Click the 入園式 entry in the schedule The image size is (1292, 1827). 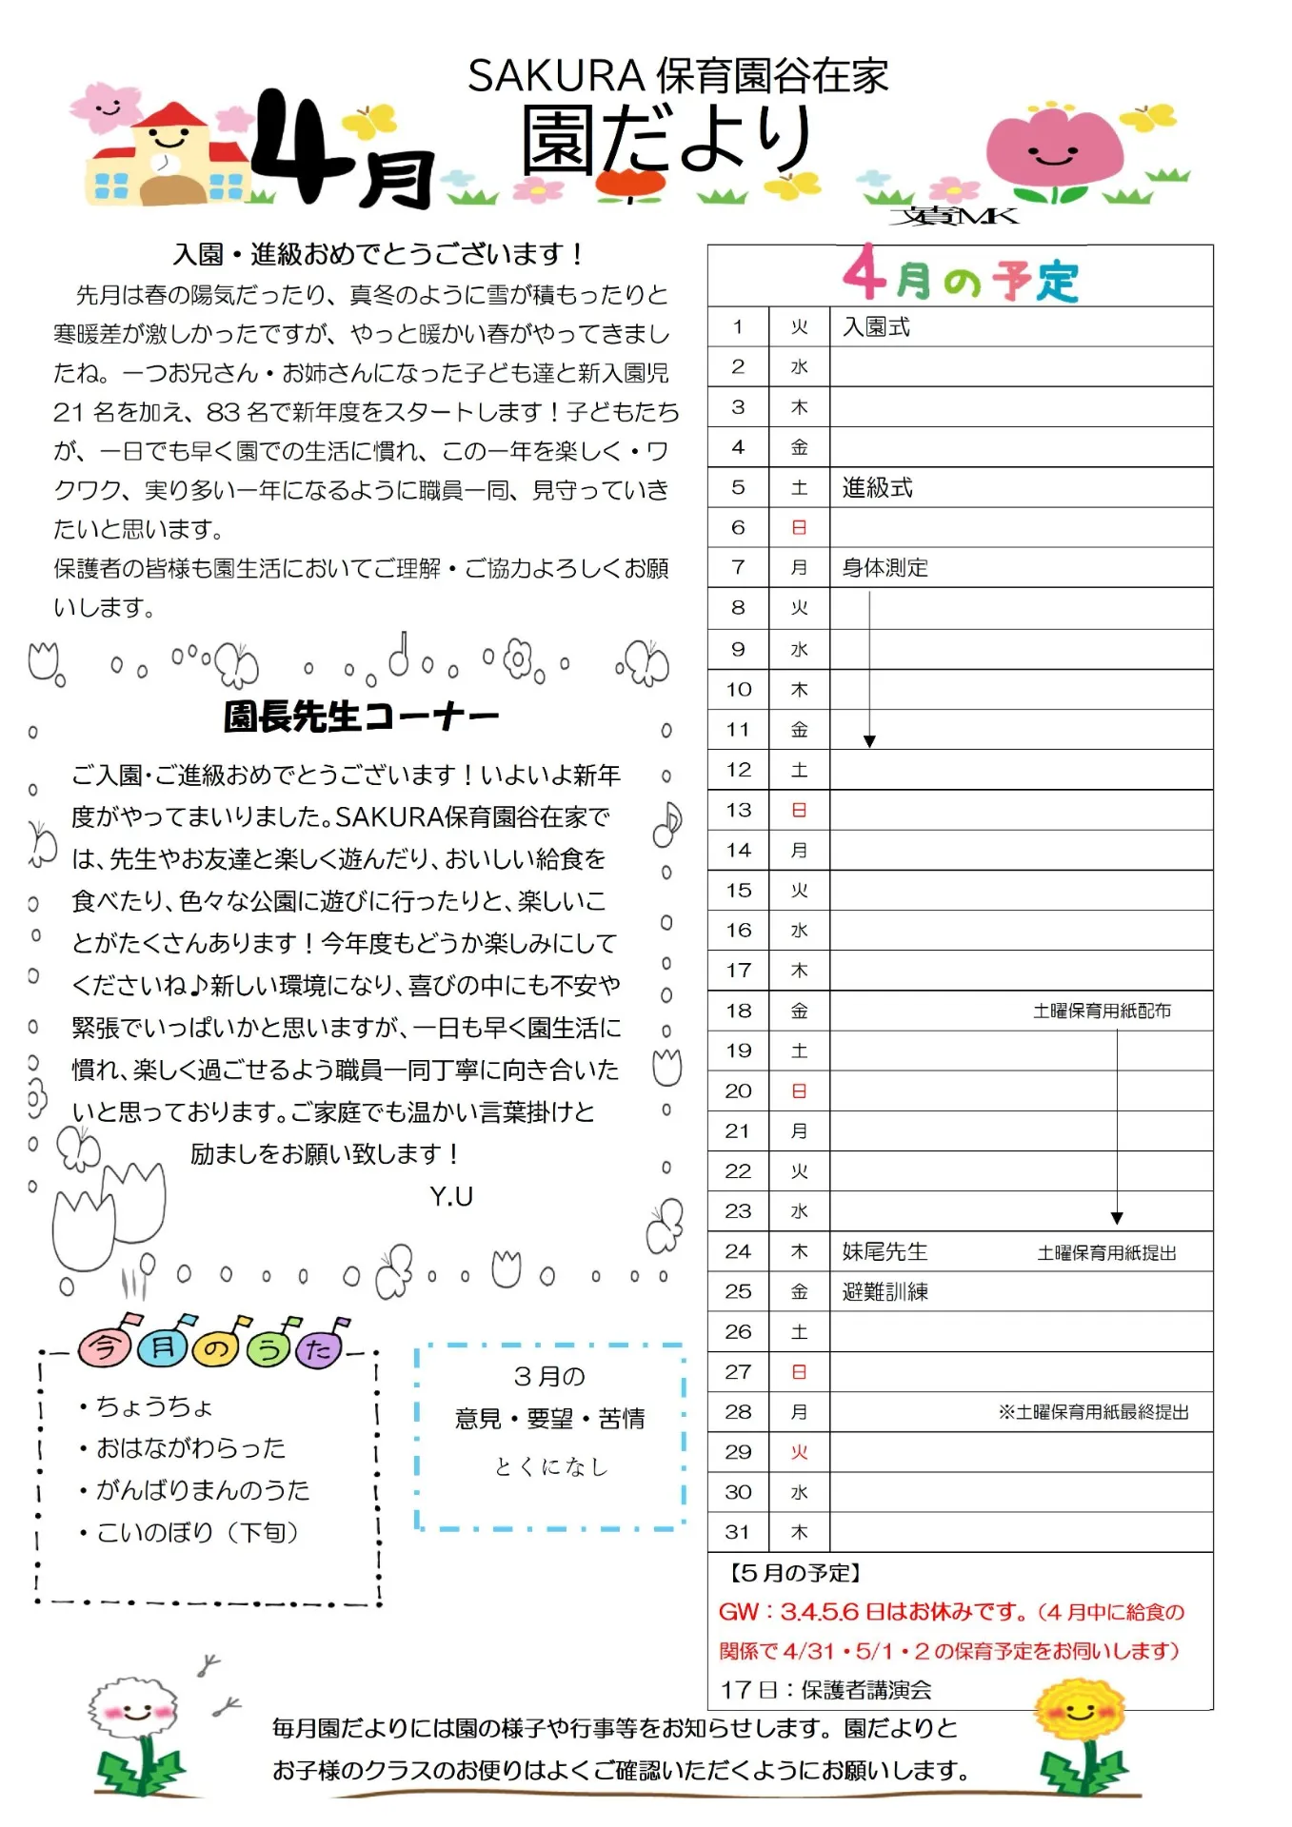click(876, 327)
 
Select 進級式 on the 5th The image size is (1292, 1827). click(877, 488)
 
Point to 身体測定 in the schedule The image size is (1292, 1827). click(885, 568)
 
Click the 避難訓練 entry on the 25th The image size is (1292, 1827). click(885, 1292)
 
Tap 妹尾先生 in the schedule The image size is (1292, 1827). click(885, 1252)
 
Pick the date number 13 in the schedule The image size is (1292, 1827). click(738, 811)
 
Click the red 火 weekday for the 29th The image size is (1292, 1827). click(799, 1453)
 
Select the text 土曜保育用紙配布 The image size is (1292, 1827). click(1102, 1012)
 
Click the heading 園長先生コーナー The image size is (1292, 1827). click(361, 717)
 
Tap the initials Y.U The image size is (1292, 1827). click(451, 1196)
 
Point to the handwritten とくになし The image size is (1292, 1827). click(550, 1467)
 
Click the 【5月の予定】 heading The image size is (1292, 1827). click(795, 1573)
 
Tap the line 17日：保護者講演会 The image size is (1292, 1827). click(825, 1690)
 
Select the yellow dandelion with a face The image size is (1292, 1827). click(1081, 1713)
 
